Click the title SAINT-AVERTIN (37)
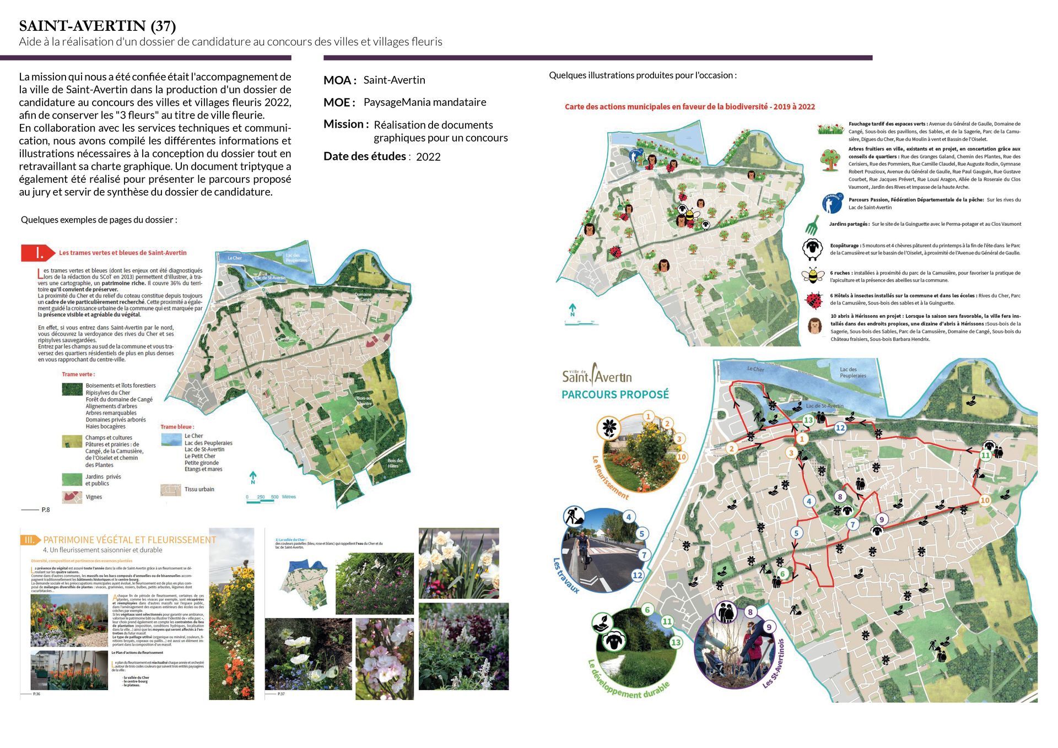point(98,26)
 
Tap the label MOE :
point(339,102)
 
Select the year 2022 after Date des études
point(428,157)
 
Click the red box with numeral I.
point(38,253)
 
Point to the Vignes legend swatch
point(72,496)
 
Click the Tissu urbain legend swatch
point(170,489)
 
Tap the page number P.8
point(46,509)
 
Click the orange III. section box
point(30,540)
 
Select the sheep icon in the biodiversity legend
point(812,249)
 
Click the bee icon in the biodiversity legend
point(812,275)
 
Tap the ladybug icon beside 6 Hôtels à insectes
point(813,300)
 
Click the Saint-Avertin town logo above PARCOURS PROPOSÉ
point(597,375)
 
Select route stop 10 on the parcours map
point(985,500)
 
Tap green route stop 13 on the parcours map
point(808,420)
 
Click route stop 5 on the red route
point(796,533)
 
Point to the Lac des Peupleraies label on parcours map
point(852,372)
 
